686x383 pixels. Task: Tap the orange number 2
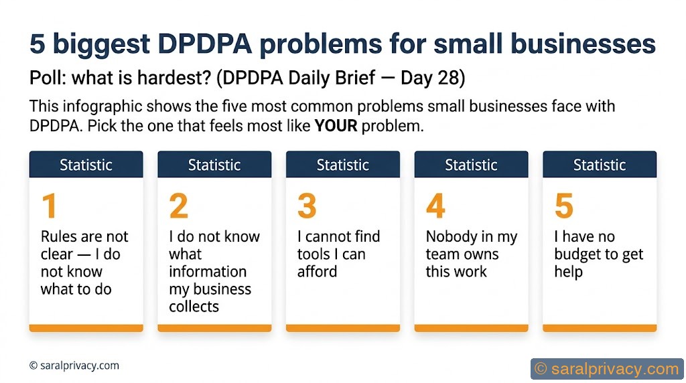(x=178, y=206)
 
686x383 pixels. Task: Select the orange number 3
(x=307, y=206)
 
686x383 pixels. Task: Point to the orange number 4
(x=435, y=206)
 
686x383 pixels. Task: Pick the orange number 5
(x=564, y=206)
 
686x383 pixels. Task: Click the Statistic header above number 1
(x=86, y=165)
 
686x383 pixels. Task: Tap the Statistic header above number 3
(x=343, y=165)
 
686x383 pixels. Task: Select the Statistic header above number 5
(x=600, y=165)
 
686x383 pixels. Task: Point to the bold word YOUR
(x=336, y=126)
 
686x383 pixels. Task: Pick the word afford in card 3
(x=317, y=272)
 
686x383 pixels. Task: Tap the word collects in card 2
(x=194, y=307)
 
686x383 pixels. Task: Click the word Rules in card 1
(x=58, y=237)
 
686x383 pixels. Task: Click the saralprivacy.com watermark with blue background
(x=606, y=368)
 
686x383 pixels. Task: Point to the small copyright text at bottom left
(x=74, y=366)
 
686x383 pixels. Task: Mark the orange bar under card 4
(x=471, y=328)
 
